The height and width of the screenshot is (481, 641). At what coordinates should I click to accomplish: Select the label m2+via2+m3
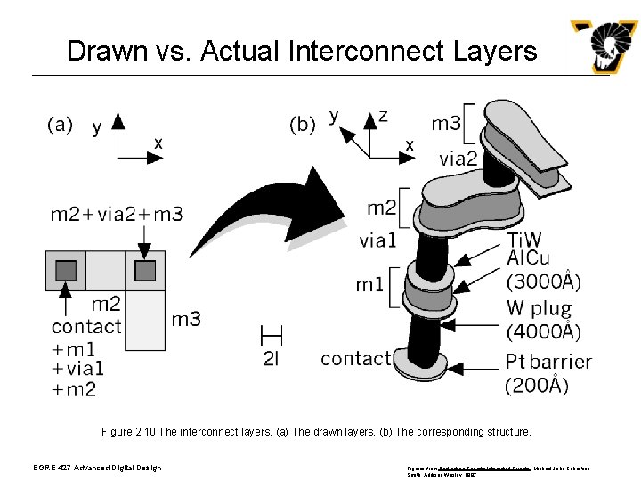click(x=117, y=214)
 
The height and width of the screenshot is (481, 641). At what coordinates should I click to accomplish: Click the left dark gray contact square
click(x=66, y=270)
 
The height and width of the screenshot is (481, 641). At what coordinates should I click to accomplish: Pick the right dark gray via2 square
click(x=145, y=270)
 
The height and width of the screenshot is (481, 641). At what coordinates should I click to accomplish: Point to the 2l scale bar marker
click(x=272, y=337)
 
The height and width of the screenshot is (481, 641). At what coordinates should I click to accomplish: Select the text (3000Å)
click(x=543, y=282)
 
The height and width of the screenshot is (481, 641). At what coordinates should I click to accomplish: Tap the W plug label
click(x=540, y=308)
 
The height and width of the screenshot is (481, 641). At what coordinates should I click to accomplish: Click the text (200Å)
click(x=536, y=386)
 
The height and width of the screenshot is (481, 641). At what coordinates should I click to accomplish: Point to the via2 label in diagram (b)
click(x=458, y=159)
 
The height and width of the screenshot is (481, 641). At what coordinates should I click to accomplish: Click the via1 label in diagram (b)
click(x=377, y=240)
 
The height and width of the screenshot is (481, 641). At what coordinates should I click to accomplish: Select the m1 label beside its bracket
click(x=370, y=285)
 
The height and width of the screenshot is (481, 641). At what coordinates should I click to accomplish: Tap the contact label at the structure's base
click(x=355, y=358)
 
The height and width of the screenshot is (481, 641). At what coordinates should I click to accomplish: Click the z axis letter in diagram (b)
click(x=383, y=116)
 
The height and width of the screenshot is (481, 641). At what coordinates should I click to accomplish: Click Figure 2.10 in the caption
click(x=132, y=431)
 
